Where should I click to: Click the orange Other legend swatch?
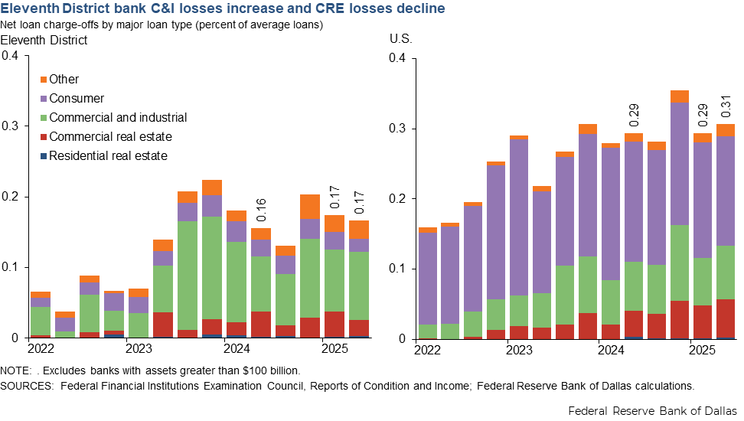(x=43, y=80)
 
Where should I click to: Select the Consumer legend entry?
(x=77, y=99)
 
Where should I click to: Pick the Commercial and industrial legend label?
(x=118, y=118)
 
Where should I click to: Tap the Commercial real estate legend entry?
(x=110, y=137)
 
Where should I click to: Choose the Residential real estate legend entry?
(x=108, y=156)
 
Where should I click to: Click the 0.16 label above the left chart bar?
(x=261, y=210)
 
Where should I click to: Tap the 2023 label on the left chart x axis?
(x=138, y=350)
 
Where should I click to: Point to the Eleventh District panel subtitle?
(x=44, y=39)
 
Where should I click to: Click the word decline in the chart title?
(x=422, y=10)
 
